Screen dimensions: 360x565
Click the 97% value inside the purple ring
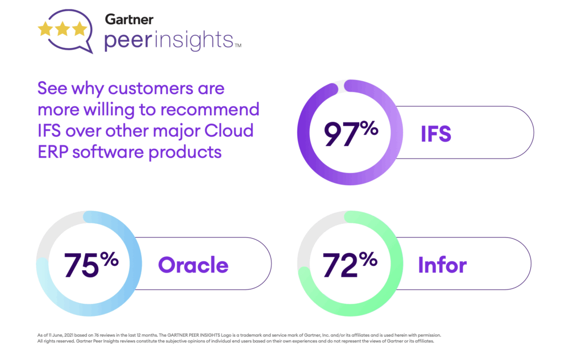tap(351, 133)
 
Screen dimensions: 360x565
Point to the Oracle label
tap(193, 265)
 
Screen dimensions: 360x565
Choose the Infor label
tap(443, 265)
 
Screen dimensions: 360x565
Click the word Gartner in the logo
tap(130, 20)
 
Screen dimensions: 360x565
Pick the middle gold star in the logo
tap(62, 29)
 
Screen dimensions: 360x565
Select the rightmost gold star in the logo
tap(79, 29)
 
